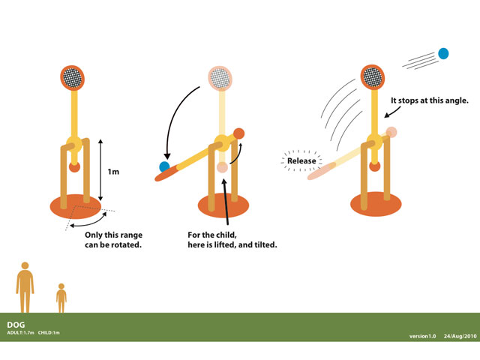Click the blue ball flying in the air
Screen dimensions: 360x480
click(x=443, y=53)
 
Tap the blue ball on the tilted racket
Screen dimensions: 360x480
click(x=164, y=166)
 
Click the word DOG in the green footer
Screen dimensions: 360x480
click(x=16, y=325)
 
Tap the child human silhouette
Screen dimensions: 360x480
click(x=61, y=298)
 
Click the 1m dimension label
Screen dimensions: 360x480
click(x=113, y=172)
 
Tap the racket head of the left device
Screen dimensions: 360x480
click(x=73, y=77)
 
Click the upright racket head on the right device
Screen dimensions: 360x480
click(x=372, y=76)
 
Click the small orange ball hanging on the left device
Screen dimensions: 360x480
click(x=74, y=166)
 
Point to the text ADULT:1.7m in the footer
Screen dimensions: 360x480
click(x=19, y=333)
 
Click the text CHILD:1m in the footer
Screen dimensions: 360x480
click(x=50, y=333)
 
